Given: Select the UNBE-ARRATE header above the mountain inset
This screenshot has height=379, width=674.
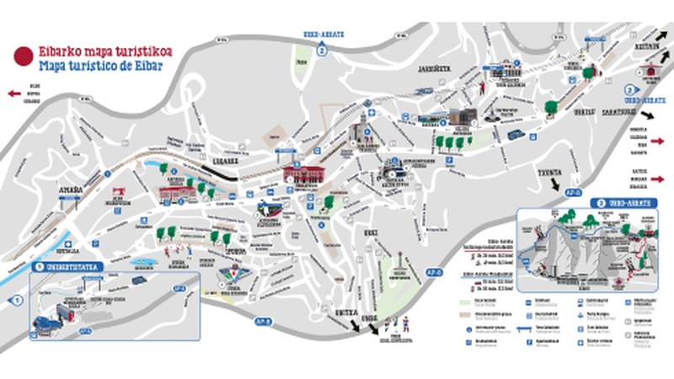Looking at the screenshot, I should coord(623,202).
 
